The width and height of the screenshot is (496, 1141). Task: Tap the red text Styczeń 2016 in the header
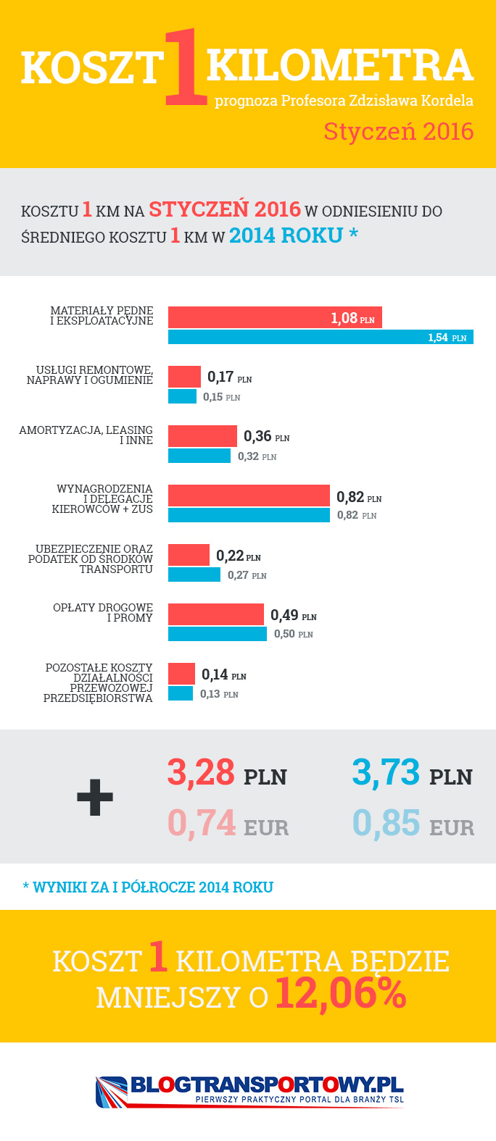click(398, 131)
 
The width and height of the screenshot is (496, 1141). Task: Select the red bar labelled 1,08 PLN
click(275, 317)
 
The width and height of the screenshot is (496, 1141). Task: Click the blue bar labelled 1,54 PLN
click(321, 337)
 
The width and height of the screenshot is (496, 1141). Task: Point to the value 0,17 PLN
click(229, 377)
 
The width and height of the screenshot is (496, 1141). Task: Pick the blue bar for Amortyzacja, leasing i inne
click(199, 456)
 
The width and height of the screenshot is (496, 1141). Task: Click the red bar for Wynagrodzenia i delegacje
click(249, 496)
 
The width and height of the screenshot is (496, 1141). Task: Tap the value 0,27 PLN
click(247, 575)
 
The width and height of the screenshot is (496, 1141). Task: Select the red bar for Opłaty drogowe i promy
click(216, 614)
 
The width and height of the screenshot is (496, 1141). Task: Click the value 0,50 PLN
click(293, 634)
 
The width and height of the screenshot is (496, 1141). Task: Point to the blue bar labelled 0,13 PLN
click(181, 693)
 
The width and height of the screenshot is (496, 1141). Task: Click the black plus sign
click(95, 797)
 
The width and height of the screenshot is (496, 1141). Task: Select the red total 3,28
click(201, 772)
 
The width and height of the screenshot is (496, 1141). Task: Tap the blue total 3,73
click(386, 772)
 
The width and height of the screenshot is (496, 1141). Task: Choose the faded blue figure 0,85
click(387, 823)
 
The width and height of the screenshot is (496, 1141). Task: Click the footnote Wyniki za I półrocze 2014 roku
click(148, 887)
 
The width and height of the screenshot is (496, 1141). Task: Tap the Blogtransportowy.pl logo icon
click(111, 1091)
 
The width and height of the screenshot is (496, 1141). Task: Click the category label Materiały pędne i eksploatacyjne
click(102, 316)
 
